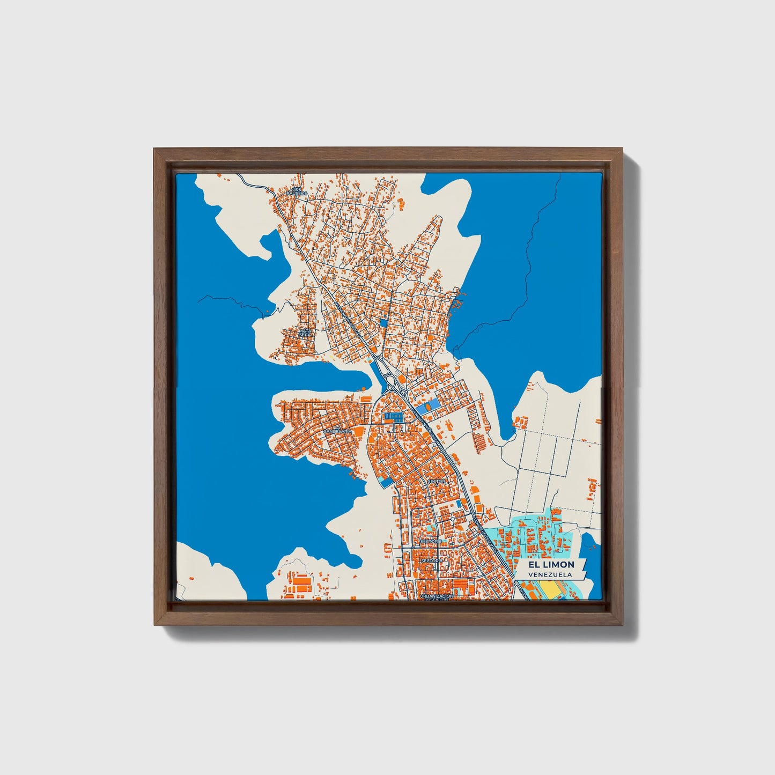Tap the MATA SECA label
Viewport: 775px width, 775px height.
click(305, 333)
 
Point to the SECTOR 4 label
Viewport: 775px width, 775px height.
click(437, 481)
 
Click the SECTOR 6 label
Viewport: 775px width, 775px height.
click(431, 541)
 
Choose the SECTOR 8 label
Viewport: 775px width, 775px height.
click(432, 560)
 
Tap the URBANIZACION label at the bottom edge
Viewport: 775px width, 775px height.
click(437, 596)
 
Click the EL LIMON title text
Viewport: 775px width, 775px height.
click(551, 564)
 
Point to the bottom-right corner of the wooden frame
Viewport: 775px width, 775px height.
click(623, 624)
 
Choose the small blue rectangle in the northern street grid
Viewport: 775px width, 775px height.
click(383, 323)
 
